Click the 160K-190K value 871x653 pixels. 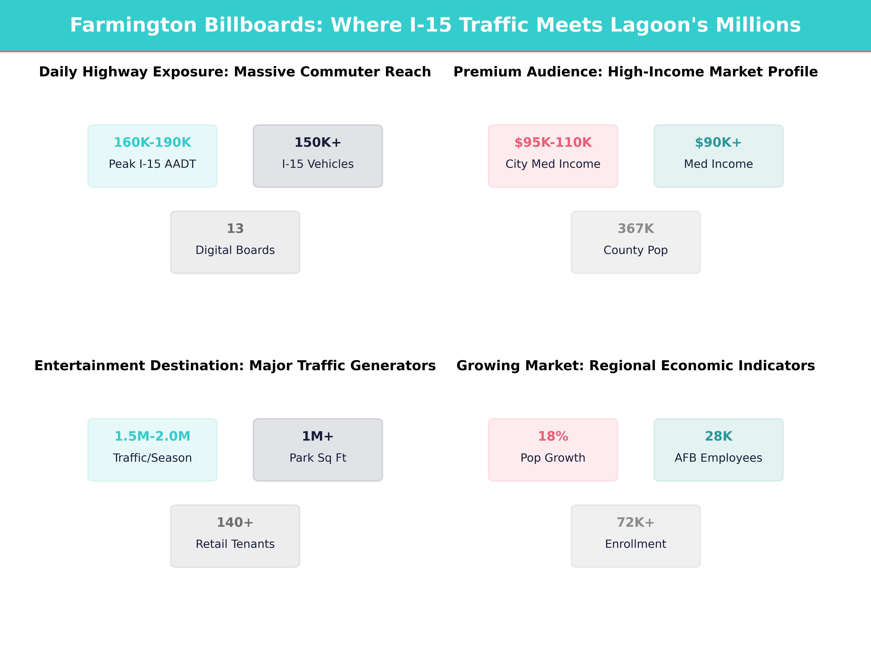click(x=152, y=143)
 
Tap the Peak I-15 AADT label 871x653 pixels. click(x=152, y=164)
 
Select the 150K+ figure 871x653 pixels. click(x=318, y=143)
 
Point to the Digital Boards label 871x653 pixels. click(x=235, y=250)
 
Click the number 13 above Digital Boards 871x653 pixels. click(x=235, y=229)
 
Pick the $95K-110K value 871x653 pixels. click(x=553, y=143)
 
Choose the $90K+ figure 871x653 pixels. click(x=718, y=143)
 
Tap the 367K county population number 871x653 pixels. click(x=635, y=229)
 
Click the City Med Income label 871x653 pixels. click(x=553, y=164)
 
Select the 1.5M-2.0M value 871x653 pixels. click(x=152, y=437)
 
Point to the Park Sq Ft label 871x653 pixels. click(x=318, y=458)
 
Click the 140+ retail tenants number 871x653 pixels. click(x=235, y=523)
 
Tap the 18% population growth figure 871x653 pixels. click(x=553, y=437)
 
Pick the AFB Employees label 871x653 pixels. click(x=718, y=458)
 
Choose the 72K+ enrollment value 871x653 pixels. click(x=635, y=523)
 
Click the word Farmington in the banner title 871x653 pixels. click(x=134, y=25)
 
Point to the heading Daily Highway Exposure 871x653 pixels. click(x=134, y=72)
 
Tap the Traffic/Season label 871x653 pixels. click(x=152, y=458)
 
